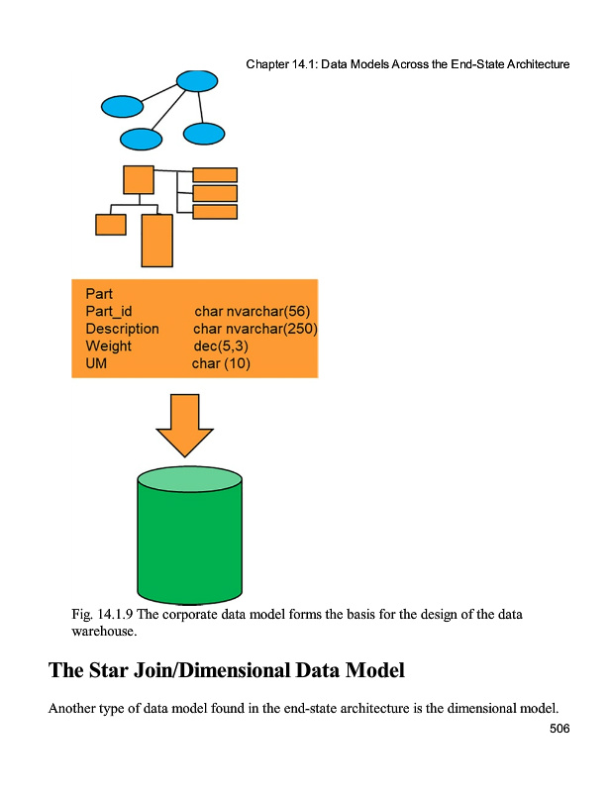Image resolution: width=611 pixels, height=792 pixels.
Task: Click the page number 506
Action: coord(560,729)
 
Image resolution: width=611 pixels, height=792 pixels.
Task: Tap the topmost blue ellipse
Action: coord(197,80)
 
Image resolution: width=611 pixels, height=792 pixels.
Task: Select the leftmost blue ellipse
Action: coord(122,105)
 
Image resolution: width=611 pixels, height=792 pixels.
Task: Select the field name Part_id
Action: coord(109,311)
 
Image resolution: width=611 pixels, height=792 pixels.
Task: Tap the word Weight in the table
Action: coord(108,346)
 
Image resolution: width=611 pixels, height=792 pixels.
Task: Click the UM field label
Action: coord(96,364)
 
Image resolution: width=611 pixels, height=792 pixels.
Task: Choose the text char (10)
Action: coord(221,364)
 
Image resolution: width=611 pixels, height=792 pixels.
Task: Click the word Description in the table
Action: coord(122,329)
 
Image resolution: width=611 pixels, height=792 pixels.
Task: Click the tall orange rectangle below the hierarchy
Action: coord(156,241)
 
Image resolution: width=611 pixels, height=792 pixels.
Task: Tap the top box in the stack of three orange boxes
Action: coord(214,175)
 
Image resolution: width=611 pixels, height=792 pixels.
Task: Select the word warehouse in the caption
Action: coord(103,630)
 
